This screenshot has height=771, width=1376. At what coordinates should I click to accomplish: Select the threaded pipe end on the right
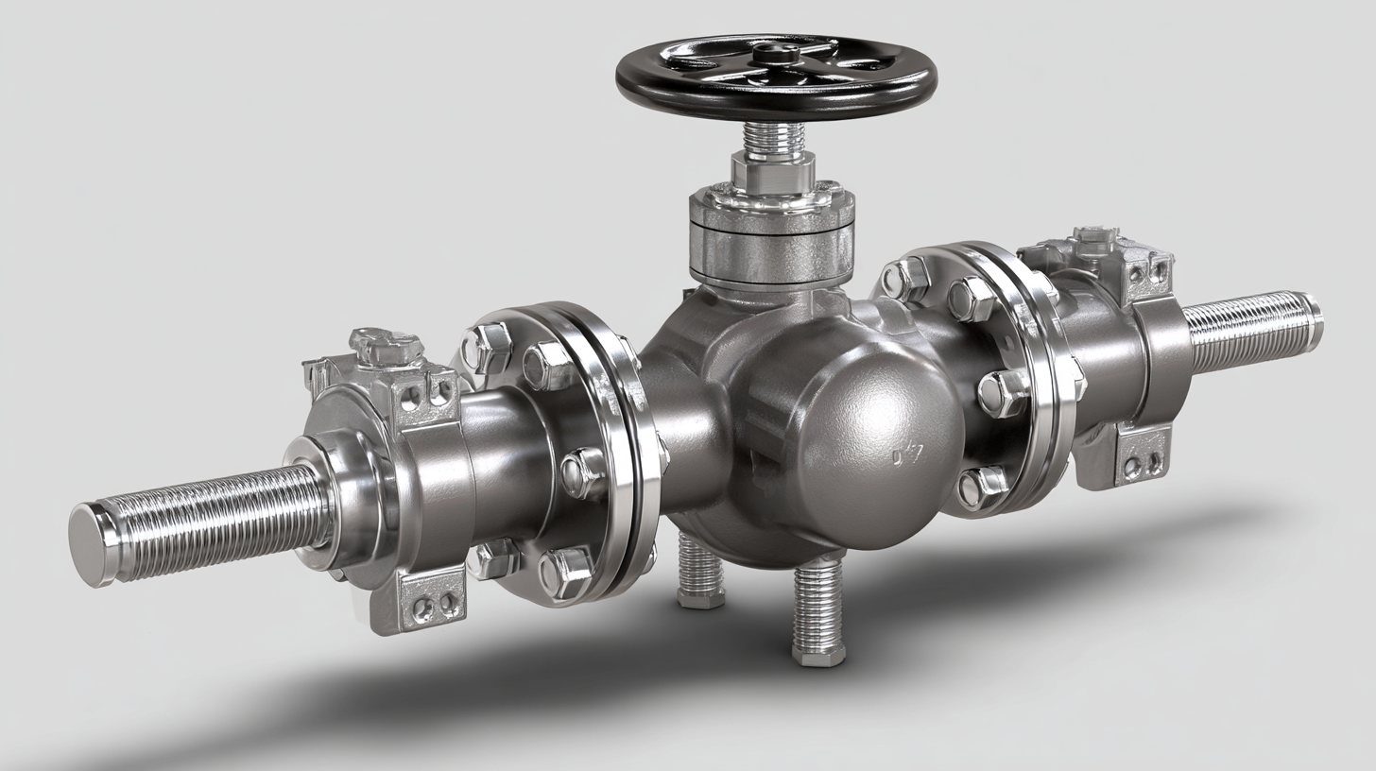pyautogui.click(x=1252, y=330)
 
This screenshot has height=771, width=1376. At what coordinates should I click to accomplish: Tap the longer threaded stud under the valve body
pyautogui.click(x=817, y=609)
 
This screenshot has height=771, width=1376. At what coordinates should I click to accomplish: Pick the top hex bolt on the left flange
pyautogui.click(x=488, y=347)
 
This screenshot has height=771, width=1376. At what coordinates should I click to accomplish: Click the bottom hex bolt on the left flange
pyautogui.click(x=565, y=572)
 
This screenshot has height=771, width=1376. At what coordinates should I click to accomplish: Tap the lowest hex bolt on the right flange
pyautogui.click(x=981, y=486)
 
